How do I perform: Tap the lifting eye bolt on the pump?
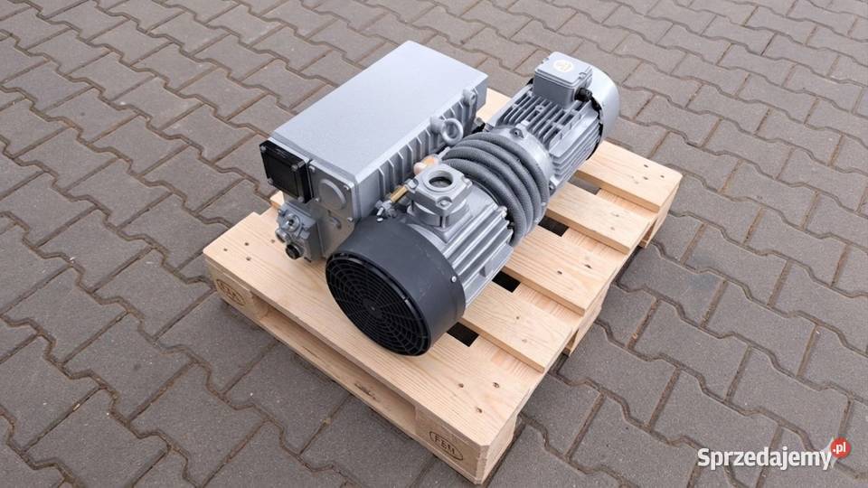[448, 127]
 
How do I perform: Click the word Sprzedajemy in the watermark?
[762, 456]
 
